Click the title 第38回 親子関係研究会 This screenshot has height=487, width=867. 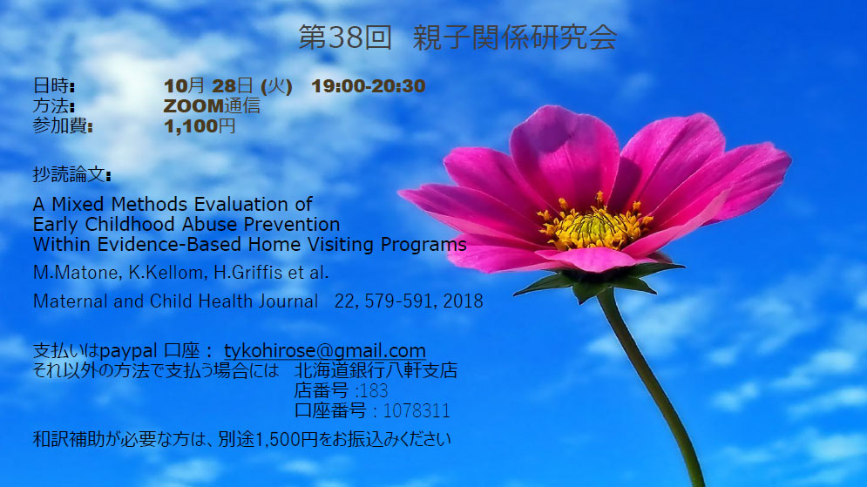(457, 37)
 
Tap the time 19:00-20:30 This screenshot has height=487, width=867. (369, 86)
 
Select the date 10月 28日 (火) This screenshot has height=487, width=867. (227, 86)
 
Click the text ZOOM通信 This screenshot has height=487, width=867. (212, 105)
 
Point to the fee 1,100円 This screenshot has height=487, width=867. (200, 126)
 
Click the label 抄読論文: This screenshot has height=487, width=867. (71, 175)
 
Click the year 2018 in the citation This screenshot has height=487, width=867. (463, 301)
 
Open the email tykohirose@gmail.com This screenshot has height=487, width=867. (324, 351)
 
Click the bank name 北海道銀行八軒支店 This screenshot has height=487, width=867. (376, 370)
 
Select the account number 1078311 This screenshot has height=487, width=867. (417, 411)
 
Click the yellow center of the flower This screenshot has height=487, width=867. (594, 226)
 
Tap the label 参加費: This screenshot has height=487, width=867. (63, 126)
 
